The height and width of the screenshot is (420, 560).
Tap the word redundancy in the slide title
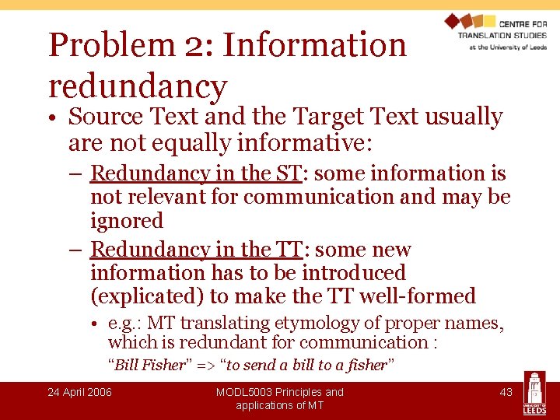pos(138,86)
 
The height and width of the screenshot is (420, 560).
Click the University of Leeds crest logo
pos(534,393)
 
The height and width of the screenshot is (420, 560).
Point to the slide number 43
pos(506,392)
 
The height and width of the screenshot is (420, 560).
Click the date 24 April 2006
pos(79,392)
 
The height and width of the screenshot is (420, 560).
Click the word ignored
pos(127,221)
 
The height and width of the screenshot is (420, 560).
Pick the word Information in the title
pos(315,45)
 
